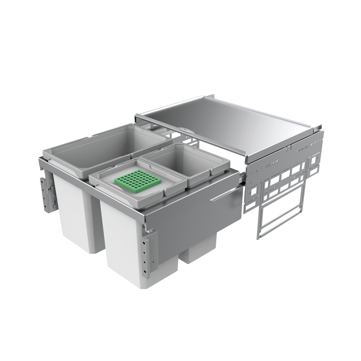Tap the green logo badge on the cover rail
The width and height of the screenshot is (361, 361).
click(185, 130)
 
